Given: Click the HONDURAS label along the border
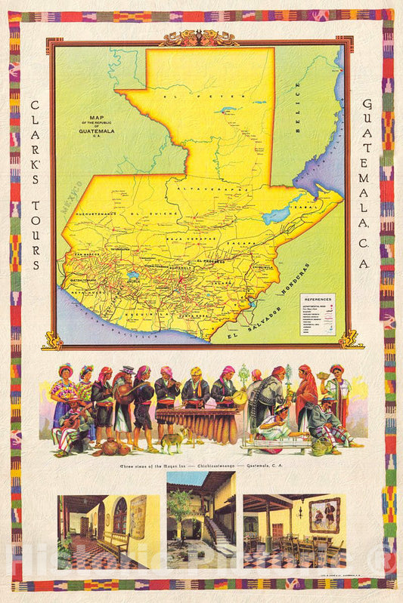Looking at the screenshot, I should tap(297, 283).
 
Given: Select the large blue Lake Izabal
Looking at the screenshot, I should tap(278, 215).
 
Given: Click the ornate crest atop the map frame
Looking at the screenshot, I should tap(198, 38).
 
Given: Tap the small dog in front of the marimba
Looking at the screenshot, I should tap(172, 440).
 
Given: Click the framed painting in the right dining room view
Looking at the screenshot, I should tap(324, 515).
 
